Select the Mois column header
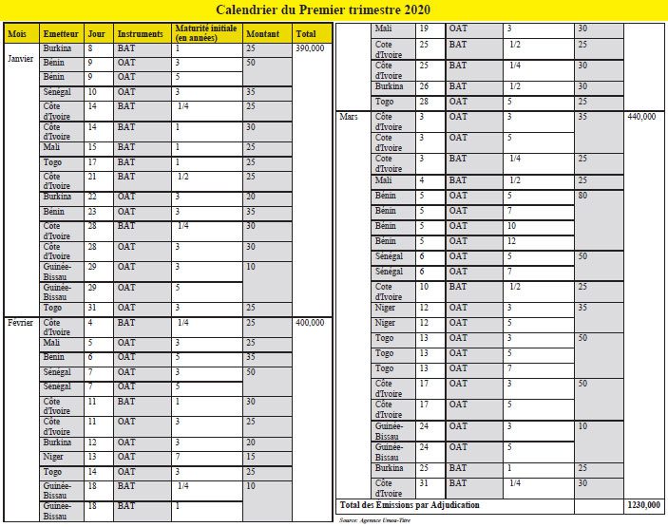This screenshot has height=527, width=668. [x=17, y=33]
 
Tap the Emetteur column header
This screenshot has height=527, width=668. [x=61, y=33]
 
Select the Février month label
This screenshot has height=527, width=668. [x=21, y=323]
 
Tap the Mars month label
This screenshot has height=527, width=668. [x=349, y=117]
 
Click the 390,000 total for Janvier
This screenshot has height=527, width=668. [x=311, y=47]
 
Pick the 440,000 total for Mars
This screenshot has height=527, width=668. [x=641, y=117]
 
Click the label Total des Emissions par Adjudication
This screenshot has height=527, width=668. [x=411, y=505]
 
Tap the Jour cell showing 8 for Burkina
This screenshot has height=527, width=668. [x=90, y=47]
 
